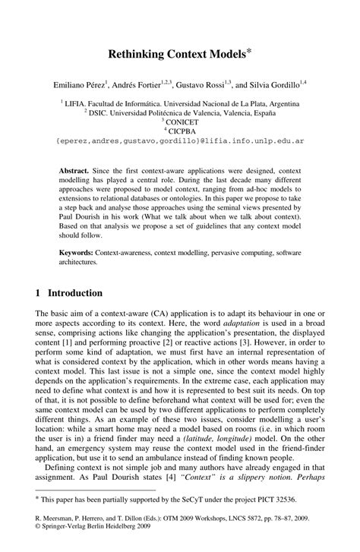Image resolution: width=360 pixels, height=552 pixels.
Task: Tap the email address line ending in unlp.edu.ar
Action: pyautogui.click(x=180, y=140)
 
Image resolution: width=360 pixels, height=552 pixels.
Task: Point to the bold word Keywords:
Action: pyautogui.click(x=80, y=251)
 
